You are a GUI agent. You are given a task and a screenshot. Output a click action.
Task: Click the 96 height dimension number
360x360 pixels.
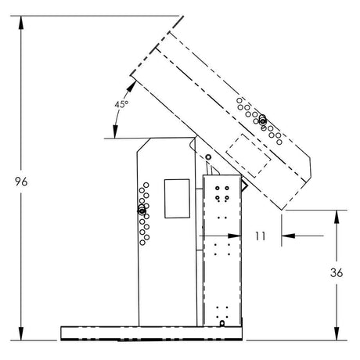(22, 182)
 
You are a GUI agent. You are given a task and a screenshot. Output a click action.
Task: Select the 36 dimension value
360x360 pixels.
(337, 274)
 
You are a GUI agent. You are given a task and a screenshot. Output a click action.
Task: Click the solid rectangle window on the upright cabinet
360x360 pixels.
(176, 198)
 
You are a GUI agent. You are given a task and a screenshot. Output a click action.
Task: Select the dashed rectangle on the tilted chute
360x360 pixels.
(249, 152)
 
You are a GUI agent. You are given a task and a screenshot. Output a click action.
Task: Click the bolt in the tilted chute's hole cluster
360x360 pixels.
(262, 120)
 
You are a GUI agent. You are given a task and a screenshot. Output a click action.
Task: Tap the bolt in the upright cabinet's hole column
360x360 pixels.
(141, 211)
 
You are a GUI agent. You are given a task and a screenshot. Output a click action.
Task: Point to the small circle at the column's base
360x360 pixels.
(221, 323)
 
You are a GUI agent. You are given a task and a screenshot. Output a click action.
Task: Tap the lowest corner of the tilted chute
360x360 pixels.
(283, 210)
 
